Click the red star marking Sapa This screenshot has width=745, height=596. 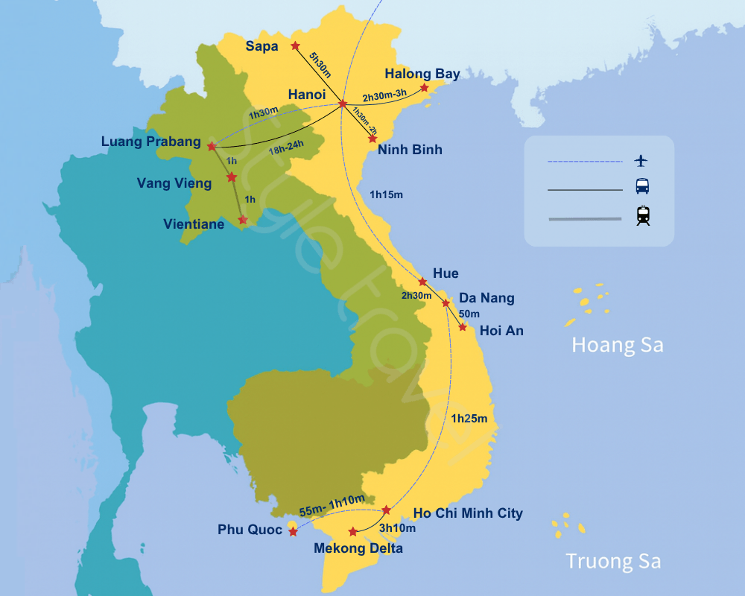pyautogui.click(x=295, y=45)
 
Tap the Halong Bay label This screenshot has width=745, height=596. pyautogui.click(x=422, y=74)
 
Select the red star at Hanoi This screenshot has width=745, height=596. pyautogui.click(x=343, y=104)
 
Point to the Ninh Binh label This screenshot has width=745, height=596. pyautogui.click(x=410, y=150)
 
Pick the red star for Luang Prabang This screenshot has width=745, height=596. pyautogui.click(x=212, y=146)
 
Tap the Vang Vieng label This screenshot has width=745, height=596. pyautogui.click(x=174, y=183)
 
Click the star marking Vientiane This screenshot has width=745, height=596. pyautogui.click(x=242, y=220)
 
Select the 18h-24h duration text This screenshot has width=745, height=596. pyautogui.click(x=287, y=150)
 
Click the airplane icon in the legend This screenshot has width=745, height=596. pyautogui.click(x=641, y=161)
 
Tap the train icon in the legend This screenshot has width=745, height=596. pyautogui.click(x=642, y=215)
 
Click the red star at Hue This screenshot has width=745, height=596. pyautogui.click(x=422, y=282)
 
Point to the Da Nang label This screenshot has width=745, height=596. pyautogui.click(x=486, y=298)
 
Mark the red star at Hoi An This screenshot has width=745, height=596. pyautogui.click(x=463, y=327)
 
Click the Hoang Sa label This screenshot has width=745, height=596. pyautogui.click(x=617, y=345)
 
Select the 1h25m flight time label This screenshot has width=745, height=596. pyautogui.click(x=469, y=419)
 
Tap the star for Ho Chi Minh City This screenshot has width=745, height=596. pyautogui.click(x=386, y=510)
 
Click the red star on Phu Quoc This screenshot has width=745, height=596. pyautogui.click(x=293, y=532)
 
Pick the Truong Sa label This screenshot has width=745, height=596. pyautogui.click(x=613, y=561)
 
